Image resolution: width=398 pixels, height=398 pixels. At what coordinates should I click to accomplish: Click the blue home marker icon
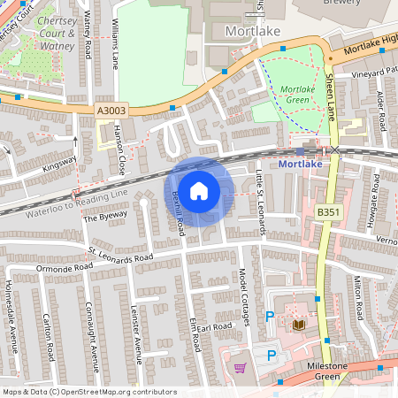pos(200,190)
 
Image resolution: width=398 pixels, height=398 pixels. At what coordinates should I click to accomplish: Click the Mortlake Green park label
pos(297,95)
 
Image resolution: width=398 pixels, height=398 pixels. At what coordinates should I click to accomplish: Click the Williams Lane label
pos(115,50)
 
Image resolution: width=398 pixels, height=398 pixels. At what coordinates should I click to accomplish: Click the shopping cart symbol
pos(239,367)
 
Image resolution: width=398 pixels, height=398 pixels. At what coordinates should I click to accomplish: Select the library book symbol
pos(298,325)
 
